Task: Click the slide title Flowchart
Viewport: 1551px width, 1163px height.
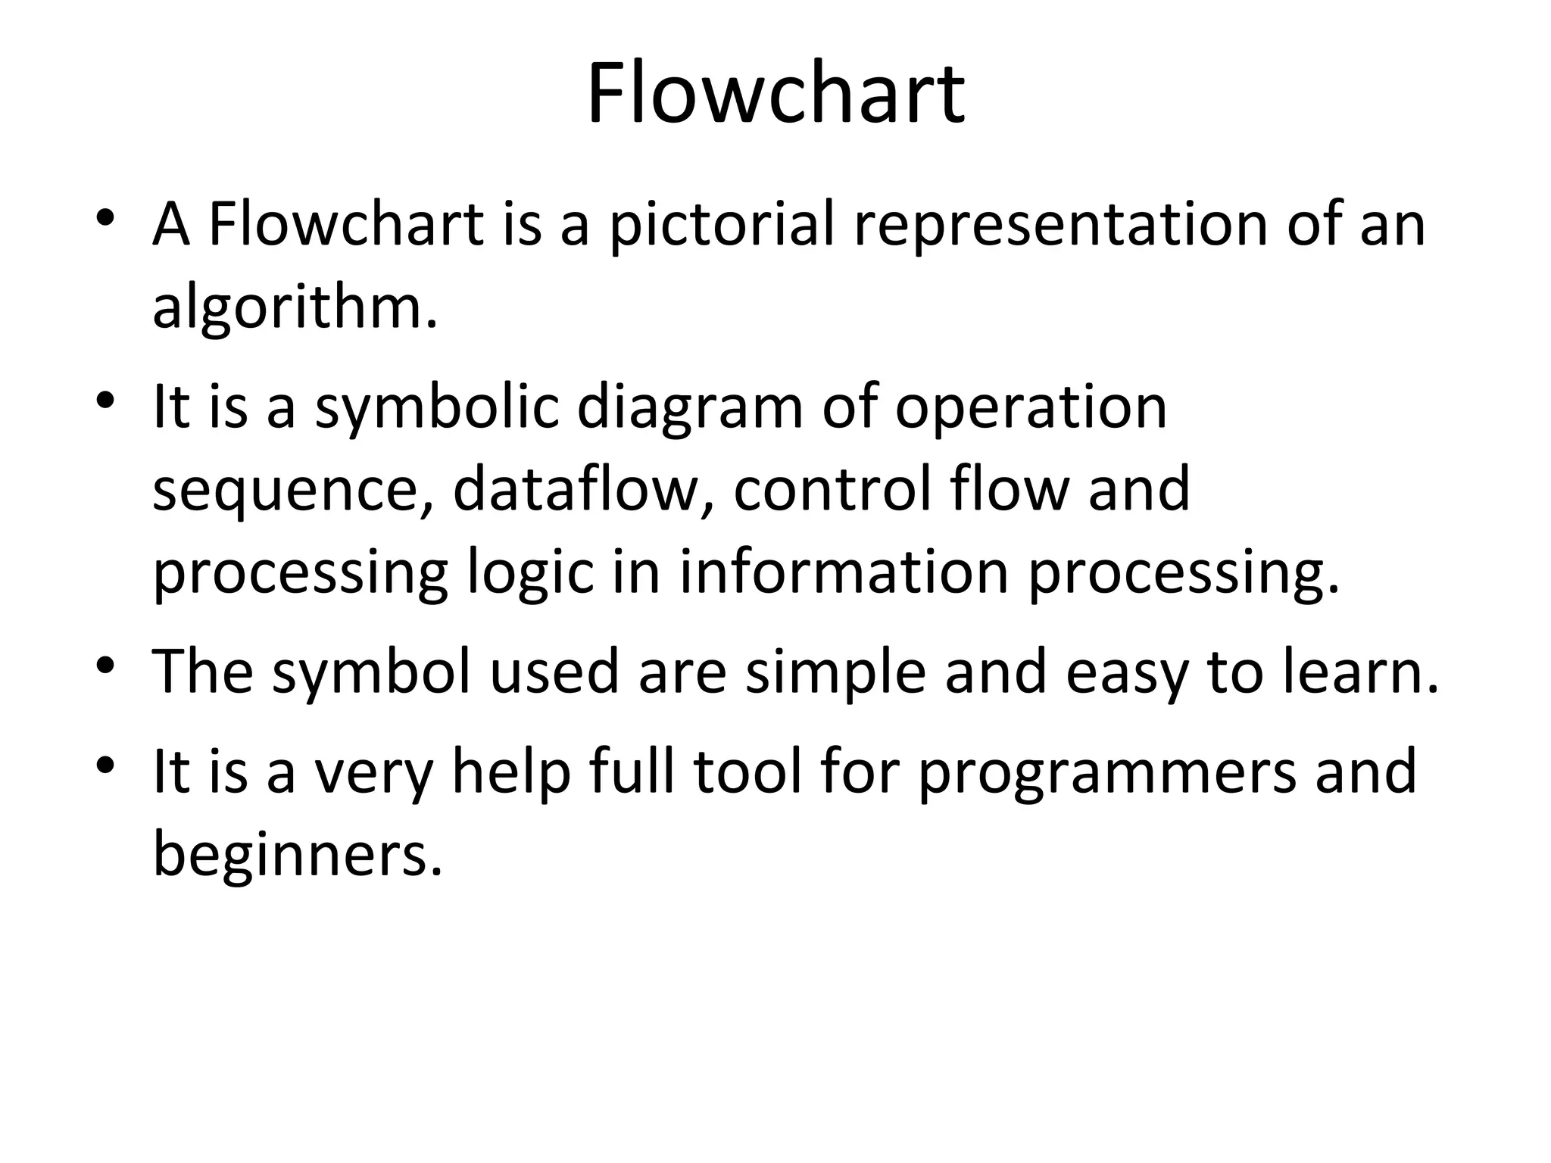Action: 775,95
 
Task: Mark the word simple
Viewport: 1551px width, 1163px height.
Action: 835,672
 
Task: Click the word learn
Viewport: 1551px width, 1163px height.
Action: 1350,671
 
